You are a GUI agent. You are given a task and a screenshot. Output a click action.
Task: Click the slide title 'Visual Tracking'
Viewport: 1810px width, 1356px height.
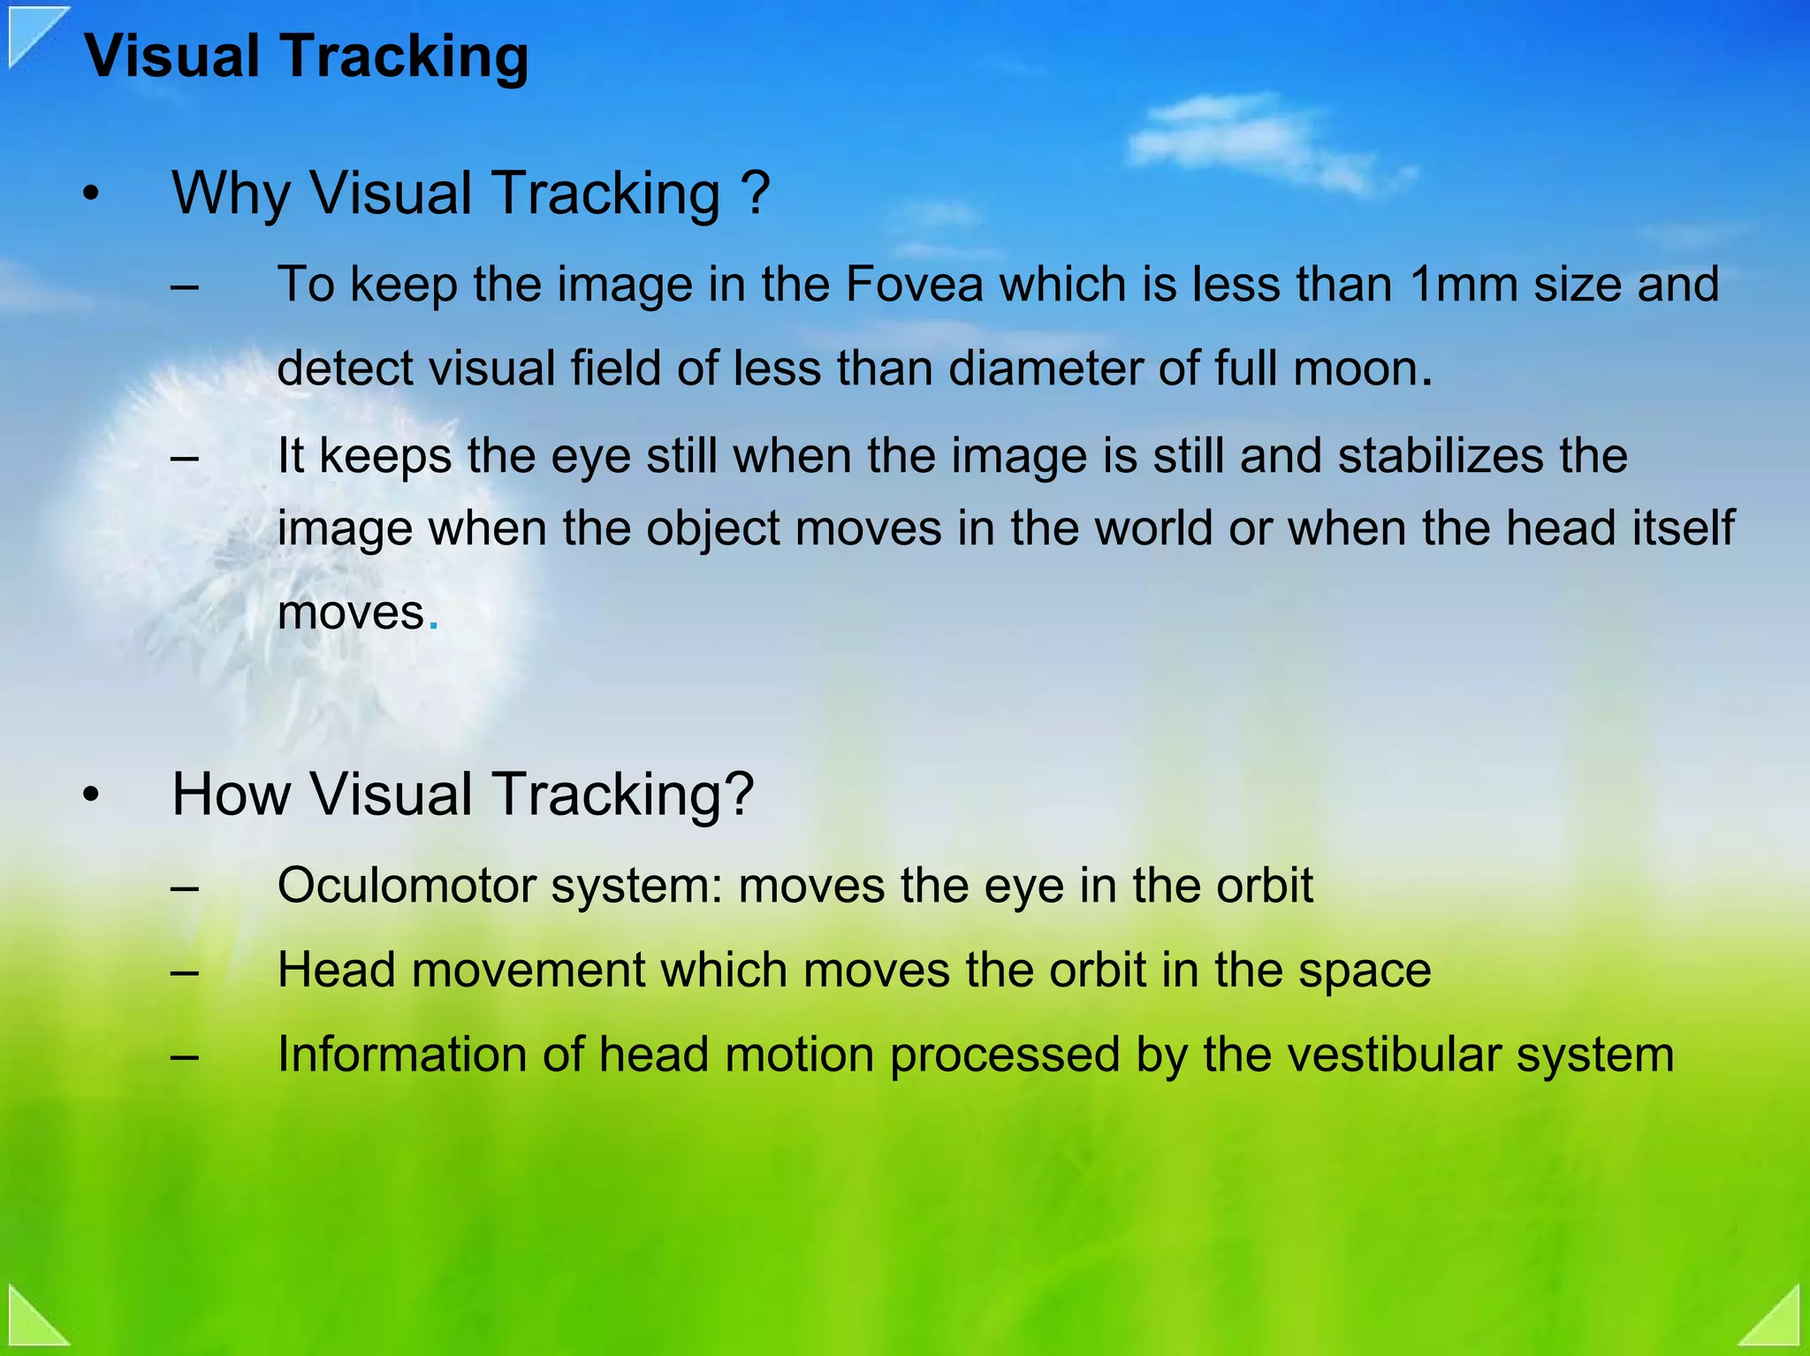click(306, 57)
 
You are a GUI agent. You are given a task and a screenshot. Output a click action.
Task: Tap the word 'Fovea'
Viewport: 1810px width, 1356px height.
click(914, 285)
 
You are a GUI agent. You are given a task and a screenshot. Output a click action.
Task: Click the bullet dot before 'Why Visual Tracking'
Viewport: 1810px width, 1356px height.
click(91, 194)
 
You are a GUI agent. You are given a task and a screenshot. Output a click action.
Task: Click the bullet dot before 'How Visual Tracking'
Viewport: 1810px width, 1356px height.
click(91, 796)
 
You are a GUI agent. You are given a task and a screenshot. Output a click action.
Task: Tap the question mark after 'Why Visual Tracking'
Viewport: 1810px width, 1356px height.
click(755, 193)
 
